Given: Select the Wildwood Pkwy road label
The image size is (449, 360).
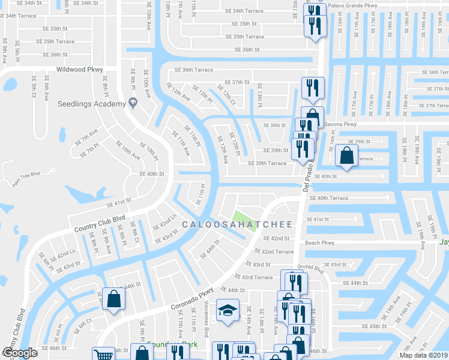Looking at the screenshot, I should [x=80, y=70].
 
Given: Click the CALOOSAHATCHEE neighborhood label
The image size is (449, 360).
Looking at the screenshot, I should [x=237, y=224].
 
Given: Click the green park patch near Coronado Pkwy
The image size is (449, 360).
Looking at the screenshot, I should [x=244, y=218].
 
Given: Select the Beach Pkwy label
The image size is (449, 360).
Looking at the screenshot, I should [x=319, y=243].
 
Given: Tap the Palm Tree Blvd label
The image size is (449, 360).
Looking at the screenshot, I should [x=26, y=174].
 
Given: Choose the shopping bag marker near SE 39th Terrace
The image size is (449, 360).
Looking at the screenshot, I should [x=347, y=155].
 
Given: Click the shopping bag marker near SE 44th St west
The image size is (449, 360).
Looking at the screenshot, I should [x=113, y=298].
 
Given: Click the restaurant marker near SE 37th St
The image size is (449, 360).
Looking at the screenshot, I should [x=312, y=88].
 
